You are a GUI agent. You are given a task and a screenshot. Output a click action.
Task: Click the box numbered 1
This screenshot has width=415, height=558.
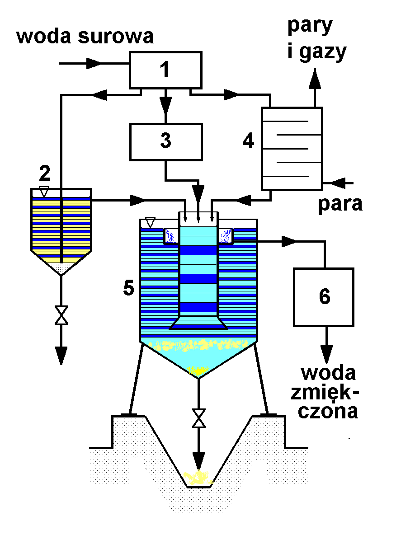(165, 70)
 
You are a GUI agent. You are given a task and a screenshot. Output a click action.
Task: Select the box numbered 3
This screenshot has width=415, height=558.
(165, 141)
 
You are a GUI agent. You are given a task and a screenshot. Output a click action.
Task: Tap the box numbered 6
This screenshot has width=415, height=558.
(324, 297)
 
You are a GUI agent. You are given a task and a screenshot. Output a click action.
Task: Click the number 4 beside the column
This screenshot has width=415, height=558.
(248, 141)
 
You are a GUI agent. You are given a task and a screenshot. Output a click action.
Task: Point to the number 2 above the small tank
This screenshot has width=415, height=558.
(44, 173)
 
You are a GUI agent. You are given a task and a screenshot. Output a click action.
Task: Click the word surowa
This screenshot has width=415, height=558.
(117, 37)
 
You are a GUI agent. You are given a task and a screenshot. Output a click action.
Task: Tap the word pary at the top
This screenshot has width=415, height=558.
(310, 26)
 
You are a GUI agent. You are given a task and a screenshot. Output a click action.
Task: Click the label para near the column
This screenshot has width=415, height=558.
(340, 204)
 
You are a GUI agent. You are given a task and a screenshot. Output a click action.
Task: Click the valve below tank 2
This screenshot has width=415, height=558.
(61, 314)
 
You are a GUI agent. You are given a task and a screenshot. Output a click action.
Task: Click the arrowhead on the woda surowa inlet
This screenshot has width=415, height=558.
(95, 63)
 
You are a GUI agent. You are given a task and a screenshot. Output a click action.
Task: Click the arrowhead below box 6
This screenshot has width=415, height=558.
(326, 352)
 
